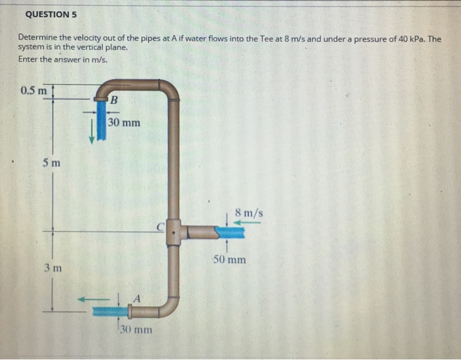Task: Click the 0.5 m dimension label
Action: pyautogui.click(x=34, y=90)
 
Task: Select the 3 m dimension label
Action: pyautogui.click(x=53, y=268)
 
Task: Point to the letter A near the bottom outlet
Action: pyautogui.click(x=137, y=297)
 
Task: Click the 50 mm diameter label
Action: pyautogui.click(x=230, y=259)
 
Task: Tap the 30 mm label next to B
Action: pyautogui.click(x=124, y=122)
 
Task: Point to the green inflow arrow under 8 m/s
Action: pyautogui.click(x=246, y=222)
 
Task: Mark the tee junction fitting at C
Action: pyautogui.click(x=173, y=232)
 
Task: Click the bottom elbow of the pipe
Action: pyautogui.click(x=168, y=305)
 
